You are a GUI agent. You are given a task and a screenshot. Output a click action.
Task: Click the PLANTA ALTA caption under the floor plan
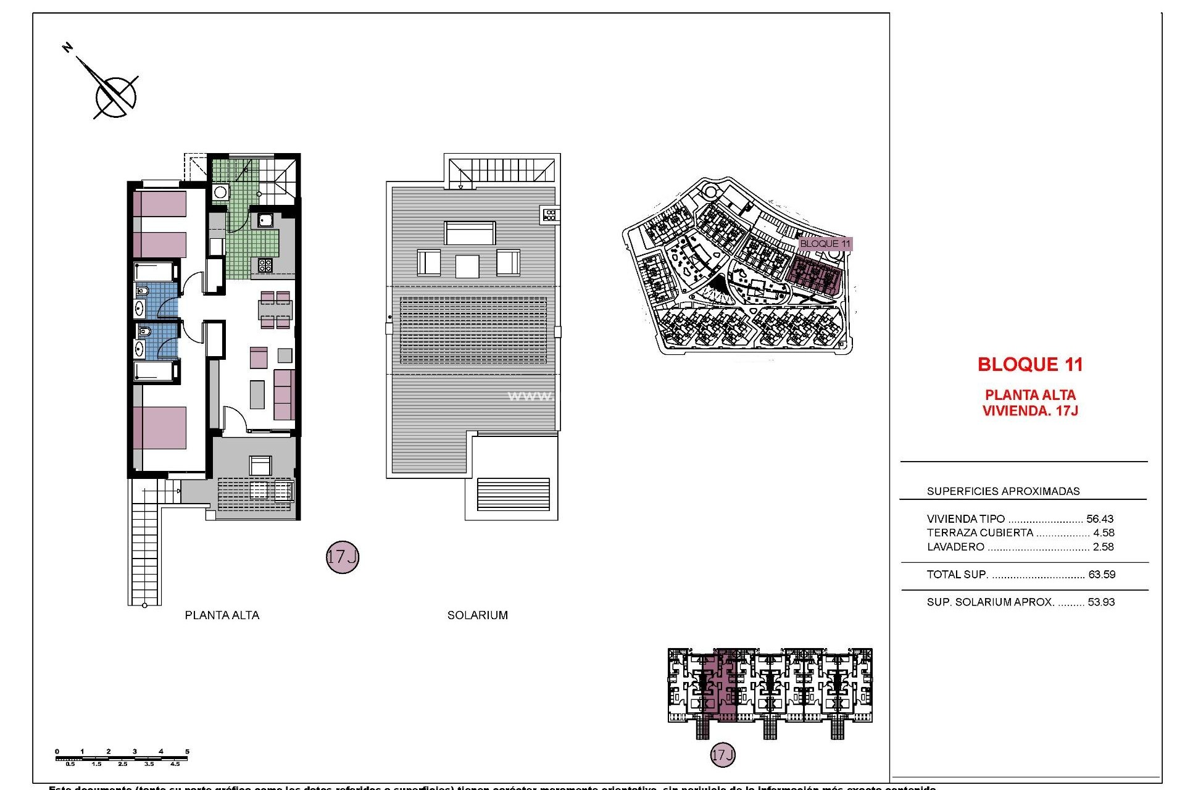click(x=222, y=615)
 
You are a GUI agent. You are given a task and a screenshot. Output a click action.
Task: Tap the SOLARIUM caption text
click(x=477, y=615)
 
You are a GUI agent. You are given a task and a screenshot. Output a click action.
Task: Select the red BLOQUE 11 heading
click(x=1030, y=365)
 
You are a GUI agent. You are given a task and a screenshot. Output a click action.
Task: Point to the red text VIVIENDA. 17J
click(x=1030, y=411)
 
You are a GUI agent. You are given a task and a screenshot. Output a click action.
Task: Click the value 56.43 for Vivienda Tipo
click(x=1100, y=519)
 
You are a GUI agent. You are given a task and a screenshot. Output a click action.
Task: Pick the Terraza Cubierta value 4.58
click(x=1104, y=533)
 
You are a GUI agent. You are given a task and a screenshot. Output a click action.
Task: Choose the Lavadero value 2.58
click(x=1104, y=547)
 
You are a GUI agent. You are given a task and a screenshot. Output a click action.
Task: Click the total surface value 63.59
click(x=1102, y=575)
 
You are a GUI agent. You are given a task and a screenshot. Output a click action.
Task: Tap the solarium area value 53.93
click(x=1102, y=602)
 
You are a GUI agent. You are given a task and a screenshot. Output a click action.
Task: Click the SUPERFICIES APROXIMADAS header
click(x=1003, y=491)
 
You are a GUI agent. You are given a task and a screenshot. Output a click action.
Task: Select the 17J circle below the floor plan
click(x=342, y=557)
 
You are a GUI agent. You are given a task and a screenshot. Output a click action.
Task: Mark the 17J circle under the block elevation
click(x=723, y=755)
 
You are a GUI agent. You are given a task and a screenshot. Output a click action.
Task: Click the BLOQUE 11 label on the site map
click(x=825, y=244)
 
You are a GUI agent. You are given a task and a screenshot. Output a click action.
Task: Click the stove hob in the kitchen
click(x=265, y=265)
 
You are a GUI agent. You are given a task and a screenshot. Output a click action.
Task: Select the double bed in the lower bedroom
click(x=160, y=427)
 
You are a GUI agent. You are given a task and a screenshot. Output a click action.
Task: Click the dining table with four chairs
click(x=275, y=310)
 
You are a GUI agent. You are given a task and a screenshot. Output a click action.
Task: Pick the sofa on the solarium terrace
click(x=469, y=233)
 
